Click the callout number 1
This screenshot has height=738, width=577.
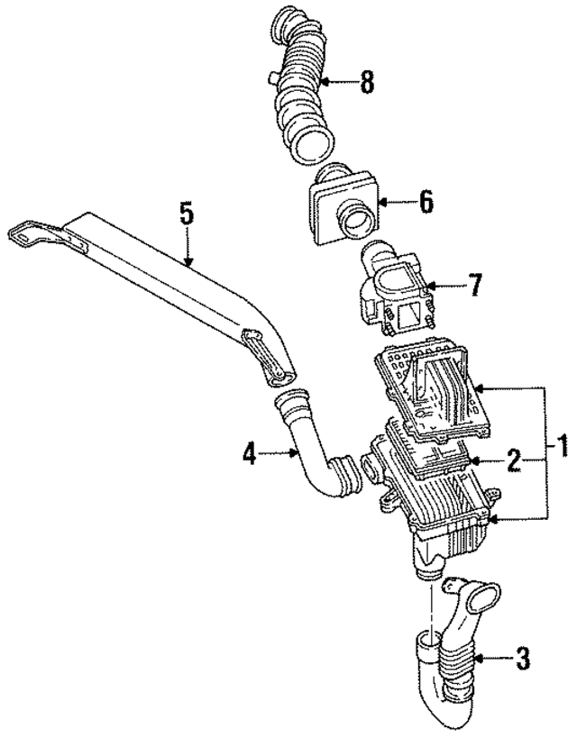[x=561, y=445]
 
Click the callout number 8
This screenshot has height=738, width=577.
[x=366, y=84]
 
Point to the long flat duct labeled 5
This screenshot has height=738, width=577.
[x=162, y=270]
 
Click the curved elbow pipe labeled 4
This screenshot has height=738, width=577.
[x=310, y=451]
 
